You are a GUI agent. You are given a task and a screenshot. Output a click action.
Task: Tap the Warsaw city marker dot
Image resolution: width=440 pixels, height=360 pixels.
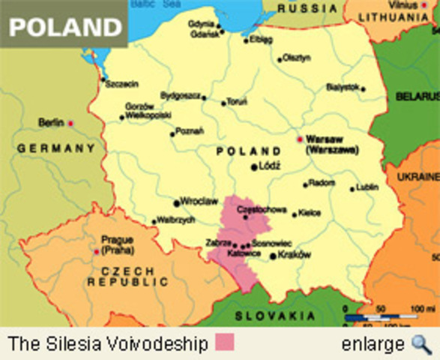299,139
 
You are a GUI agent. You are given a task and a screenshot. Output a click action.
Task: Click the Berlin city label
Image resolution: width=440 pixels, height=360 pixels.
51,122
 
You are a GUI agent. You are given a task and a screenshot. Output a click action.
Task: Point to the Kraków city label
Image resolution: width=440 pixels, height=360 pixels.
294,254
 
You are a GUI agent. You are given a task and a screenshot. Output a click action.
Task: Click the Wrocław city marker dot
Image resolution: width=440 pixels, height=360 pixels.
177,202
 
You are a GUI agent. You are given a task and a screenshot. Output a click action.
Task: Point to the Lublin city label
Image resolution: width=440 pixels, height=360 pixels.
367,187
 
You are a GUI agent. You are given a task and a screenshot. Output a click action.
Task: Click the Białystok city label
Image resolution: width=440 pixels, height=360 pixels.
343,87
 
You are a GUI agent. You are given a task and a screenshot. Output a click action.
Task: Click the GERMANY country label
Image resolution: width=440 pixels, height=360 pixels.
56,148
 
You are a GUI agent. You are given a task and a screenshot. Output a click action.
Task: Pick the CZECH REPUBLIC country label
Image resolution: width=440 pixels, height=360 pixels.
128,276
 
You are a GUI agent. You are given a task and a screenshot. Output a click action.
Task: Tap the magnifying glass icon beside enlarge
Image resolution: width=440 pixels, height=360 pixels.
421,343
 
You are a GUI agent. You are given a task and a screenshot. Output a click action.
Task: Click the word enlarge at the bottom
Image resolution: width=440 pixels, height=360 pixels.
373,344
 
